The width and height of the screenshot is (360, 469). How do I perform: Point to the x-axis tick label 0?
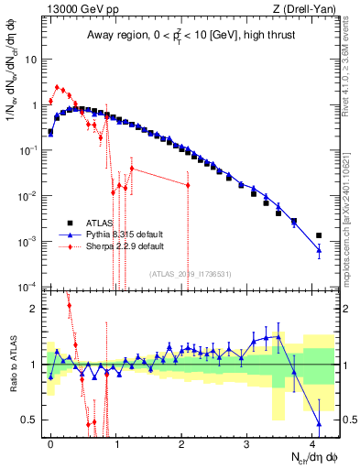[50, 442]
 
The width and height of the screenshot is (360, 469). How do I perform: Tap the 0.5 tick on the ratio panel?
[29, 420]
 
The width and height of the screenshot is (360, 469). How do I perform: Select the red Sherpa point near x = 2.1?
[188, 185]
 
